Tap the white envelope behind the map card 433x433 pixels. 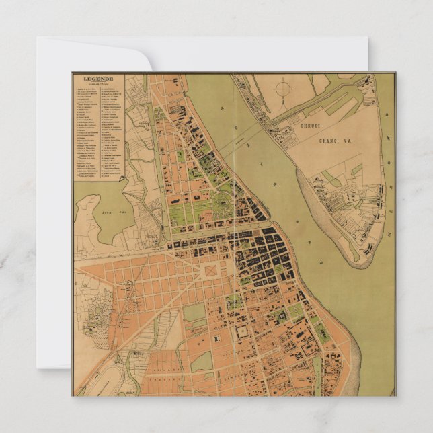54,202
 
